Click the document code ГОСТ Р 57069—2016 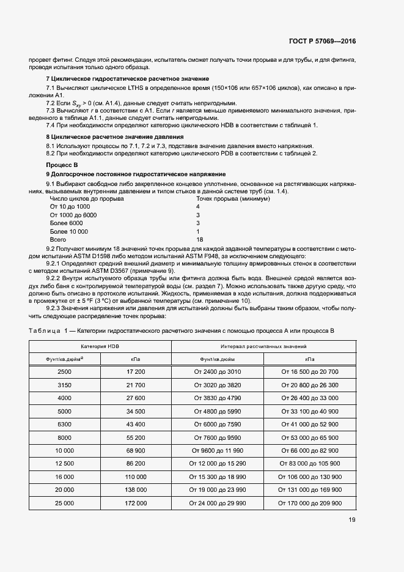pyautogui.click(x=323, y=42)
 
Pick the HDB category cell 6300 pyautogui.click(x=64, y=424)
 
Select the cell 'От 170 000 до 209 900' pyautogui.click(x=310, y=503)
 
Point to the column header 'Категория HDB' pyautogui.click(x=100, y=346)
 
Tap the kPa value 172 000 pyautogui.click(x=136, y=503)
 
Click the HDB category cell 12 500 pyautogui.click(x=64, y=464)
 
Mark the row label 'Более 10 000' pyautogui.click(x=68, y=232)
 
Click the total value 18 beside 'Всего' pyautogui.click(x=199, y=241)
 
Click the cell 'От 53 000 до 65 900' pyautogui.click(x=310, y=437)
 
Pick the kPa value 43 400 pyautogui.click(x=136, y=424)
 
